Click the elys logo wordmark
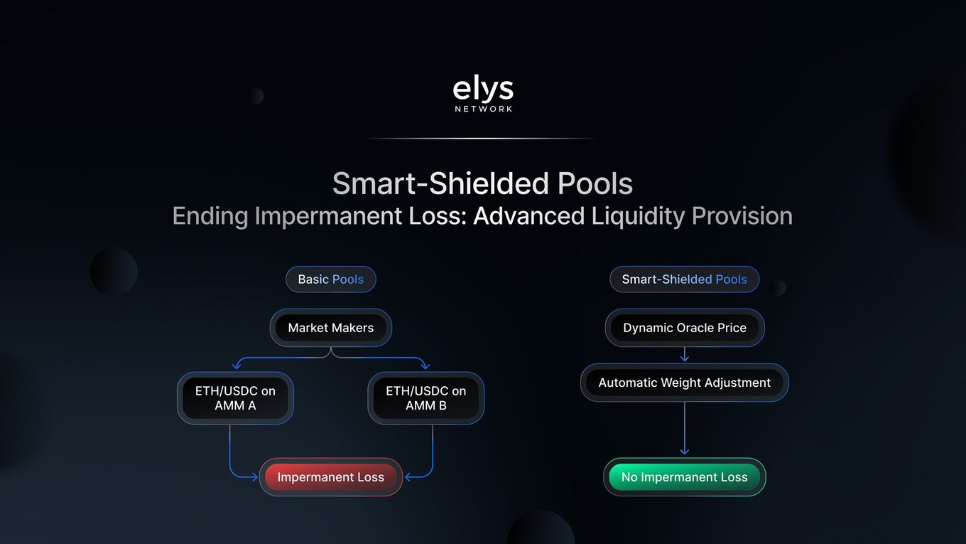(x=483, y=89)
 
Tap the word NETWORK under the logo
(x=484, y=110)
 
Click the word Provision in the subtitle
(x=742, y=216)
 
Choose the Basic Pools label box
(x=331, y=279)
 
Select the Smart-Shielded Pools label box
(x=685, y=279)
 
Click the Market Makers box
(x=331, y=328)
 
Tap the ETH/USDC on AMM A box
(x=235, y=398)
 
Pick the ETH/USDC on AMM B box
(x=425, y=398)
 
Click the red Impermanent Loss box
(x=331, y=477)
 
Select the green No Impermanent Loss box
(x=685, y=477)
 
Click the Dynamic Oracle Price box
(x=685, y=328)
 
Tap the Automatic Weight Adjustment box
(x=685, y=383)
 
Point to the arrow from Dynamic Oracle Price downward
(x=685, y=354)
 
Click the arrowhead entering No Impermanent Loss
(x=685, y=452)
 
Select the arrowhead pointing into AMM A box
(x=237, y=366)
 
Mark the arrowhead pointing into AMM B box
(x=425, y=366)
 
